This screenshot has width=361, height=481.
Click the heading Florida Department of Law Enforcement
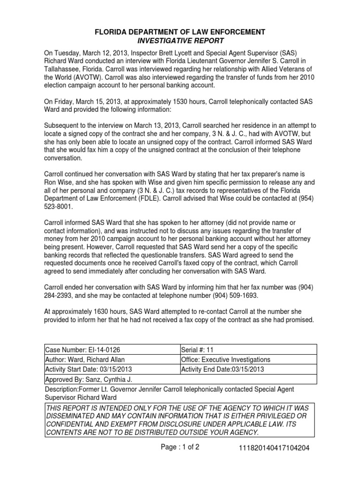pos(180,32)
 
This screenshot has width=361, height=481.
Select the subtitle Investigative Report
pos(180,41)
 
